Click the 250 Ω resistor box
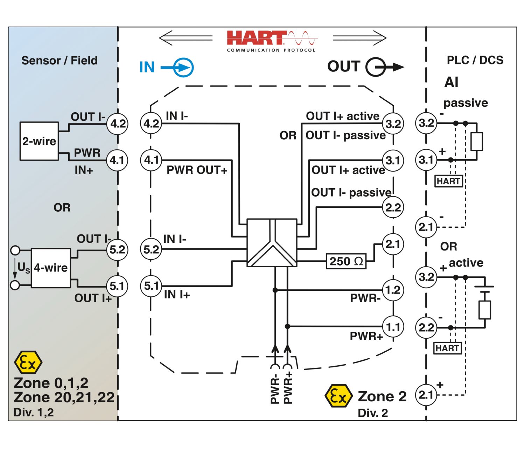(x=346, y=261)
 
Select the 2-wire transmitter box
(x=39, y=141)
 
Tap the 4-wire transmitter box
(x=51, y=268)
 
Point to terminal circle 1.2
(x=393, y=290)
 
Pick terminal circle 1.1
(x=393, y=327)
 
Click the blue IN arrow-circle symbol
(x=181, y=67)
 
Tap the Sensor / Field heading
(x=59, y=61)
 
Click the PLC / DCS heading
(x=475, y=60)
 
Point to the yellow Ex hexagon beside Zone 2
(x=338, y=396)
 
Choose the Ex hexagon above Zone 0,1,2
(x=28, y=362)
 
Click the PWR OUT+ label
(x=197, y=170)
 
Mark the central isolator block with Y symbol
(x=272, y=243)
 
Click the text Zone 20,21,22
(x=64, y=397)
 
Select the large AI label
(x=451, y=82)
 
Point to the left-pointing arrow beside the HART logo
(x=185, y=38)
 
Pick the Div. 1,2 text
(x=34, y=413)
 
